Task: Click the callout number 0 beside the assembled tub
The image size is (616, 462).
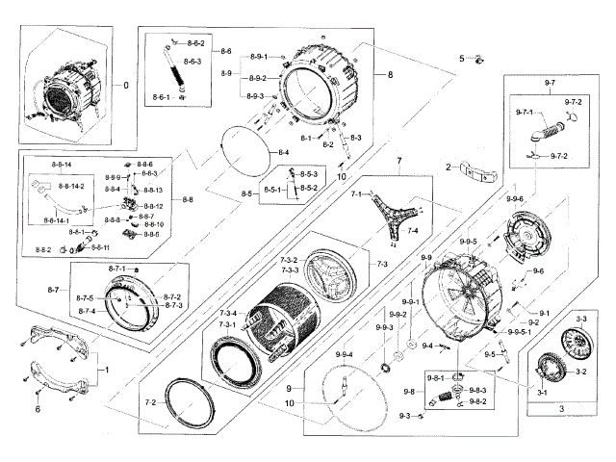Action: [124, 85]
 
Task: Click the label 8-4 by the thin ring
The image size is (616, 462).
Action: [284, 153]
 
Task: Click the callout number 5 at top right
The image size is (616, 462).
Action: [462, 59]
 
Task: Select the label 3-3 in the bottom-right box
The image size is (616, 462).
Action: [581, 318]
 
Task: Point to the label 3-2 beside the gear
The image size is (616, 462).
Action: [580, 371]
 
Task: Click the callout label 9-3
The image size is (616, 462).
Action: [405, 416]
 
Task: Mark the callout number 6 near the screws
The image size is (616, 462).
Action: [38, 409]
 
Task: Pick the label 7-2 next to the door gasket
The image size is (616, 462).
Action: [150, 401]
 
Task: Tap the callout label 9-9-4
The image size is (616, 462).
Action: [345, 356]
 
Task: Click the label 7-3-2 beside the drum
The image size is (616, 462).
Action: [289, 261]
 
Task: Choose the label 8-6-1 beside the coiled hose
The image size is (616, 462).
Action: [161, 98]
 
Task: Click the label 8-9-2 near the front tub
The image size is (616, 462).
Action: [257, 78]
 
